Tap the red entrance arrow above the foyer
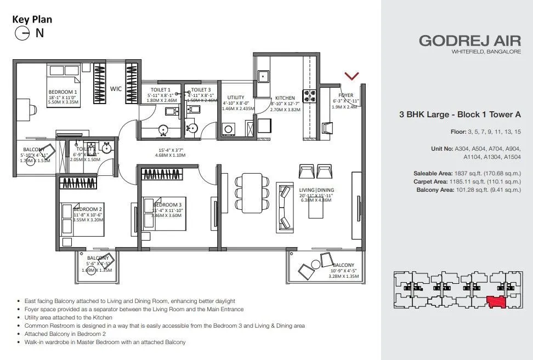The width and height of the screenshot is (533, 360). (351, 76)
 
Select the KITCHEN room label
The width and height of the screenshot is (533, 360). (285, 98)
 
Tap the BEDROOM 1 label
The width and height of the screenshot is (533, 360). (63, 92)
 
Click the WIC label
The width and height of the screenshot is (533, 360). (116, 88)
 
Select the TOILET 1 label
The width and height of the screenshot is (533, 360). (161, 90)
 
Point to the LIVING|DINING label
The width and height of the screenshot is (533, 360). (320, 190)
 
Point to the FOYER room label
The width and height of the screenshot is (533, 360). (346, 95)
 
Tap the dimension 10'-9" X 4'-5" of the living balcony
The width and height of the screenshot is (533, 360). (344, 271)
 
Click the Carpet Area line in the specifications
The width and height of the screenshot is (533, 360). (466, 181)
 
